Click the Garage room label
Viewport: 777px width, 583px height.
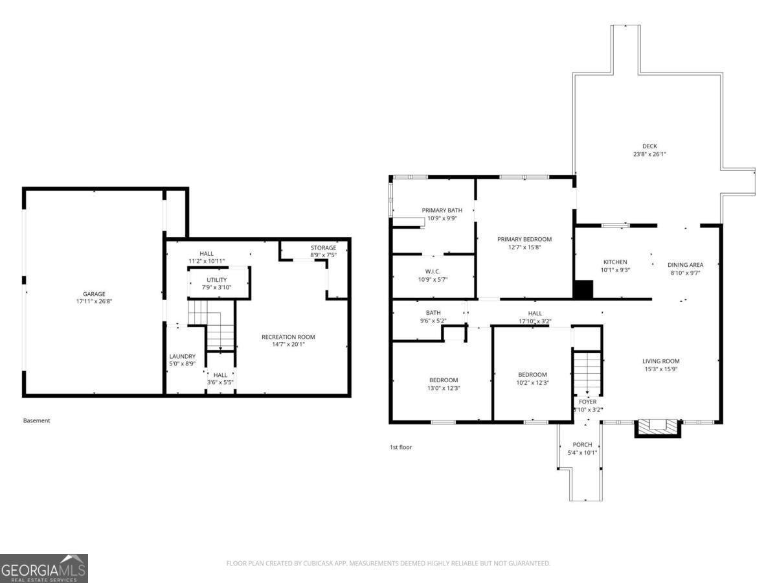[94, 293]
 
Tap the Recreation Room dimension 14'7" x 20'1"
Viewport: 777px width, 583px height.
[288, 345]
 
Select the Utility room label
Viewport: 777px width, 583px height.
[216, 280]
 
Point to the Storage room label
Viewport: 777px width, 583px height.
[323, 247]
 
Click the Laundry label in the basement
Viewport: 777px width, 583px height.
[182, 356]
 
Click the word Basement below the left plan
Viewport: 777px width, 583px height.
[36, 420]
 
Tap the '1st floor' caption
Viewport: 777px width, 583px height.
[400, 447]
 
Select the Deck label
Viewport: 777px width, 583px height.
[649, 146]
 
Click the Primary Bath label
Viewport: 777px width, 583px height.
[442, 210]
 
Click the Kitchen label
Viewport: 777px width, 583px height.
[615, 262]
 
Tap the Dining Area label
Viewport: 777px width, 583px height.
[685, 264]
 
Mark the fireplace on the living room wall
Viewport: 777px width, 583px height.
[658, 427]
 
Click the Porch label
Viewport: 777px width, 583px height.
[582, 444]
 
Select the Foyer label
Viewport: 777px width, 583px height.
[587, 402]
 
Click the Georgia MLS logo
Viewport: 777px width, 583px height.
[44, 568]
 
